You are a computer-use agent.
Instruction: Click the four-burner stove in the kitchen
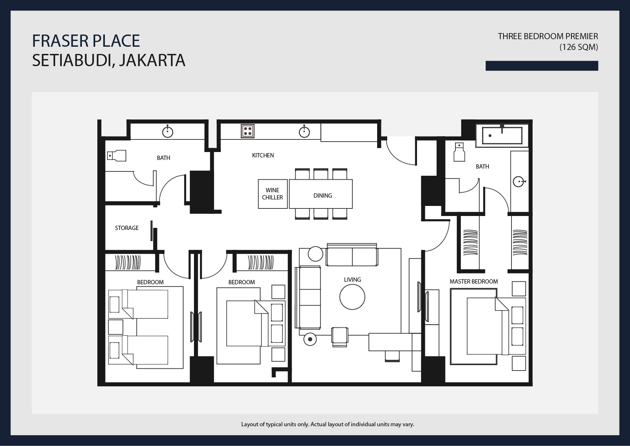(x=247, y=131)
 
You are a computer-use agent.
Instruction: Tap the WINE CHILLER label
(x=272, y=194)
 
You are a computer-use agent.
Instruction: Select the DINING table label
(x=323, y=196)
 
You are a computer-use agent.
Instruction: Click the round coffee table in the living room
(x=352, y=297)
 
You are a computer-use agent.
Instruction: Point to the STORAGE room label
(x=126, y=228)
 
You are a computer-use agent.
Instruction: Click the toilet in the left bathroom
(x=117, y=156)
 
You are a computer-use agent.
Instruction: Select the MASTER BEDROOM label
(x=473, y=281)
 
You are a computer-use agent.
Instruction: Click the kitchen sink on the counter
(x=304, y=132)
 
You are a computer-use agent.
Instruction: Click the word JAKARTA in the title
(x=152, y=60)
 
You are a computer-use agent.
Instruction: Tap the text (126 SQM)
(x=578, y=47)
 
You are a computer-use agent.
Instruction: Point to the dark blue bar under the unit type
(x=541, y=66)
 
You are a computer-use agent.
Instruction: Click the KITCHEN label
(x=263, y=155)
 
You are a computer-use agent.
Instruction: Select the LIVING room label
(x=352, y=280)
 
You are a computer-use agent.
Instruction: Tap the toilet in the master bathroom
(x=459, y=152)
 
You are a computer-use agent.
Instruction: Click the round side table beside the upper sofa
(x=315, y=254)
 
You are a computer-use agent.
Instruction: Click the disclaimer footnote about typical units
(x=327, y=424)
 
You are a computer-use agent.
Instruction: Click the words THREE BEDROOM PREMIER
(x=547, y=36)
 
